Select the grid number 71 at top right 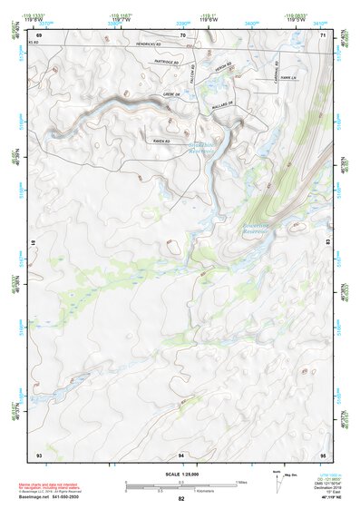(x=323, y=34)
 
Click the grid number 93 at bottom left (x=39, y=453)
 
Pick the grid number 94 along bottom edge (x=181, y=453)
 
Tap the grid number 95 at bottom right (x=323, y=453)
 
